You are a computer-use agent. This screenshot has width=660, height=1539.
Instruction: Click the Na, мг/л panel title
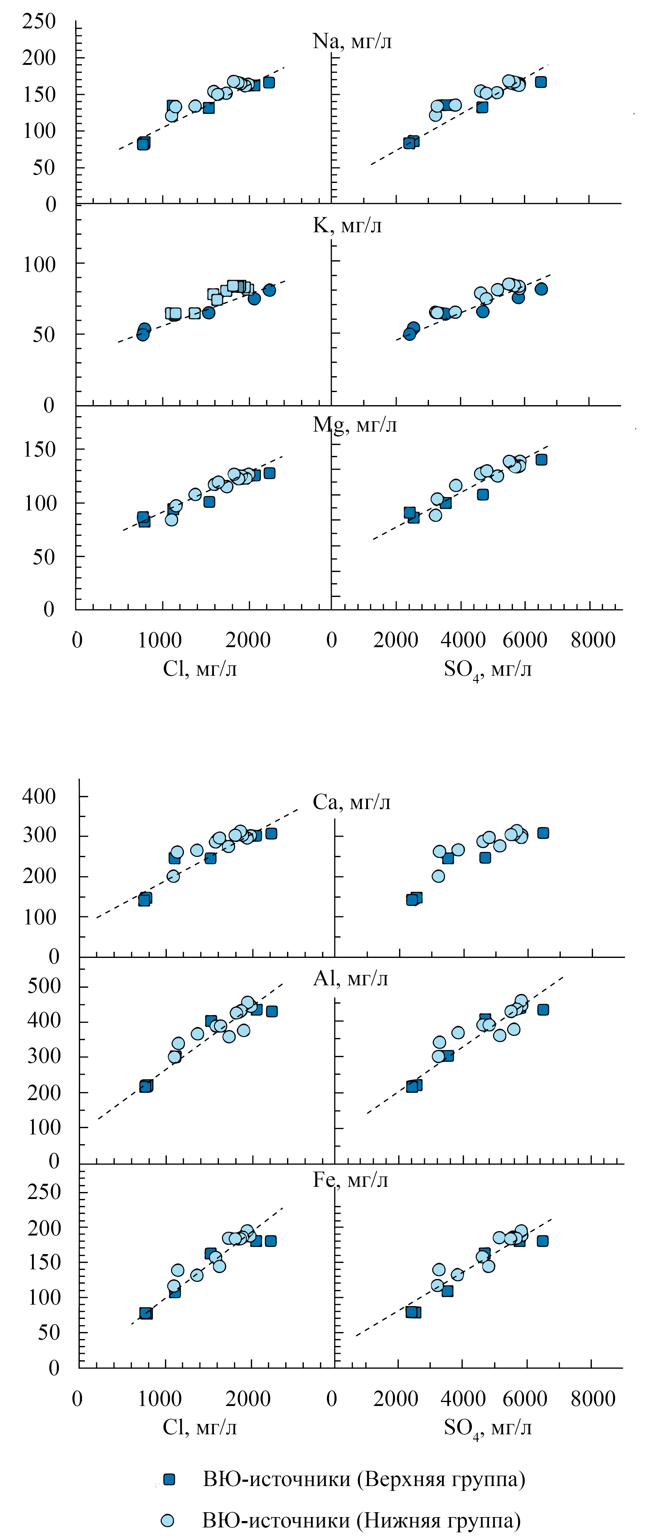352,41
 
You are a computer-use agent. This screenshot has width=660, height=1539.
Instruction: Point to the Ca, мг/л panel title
351,802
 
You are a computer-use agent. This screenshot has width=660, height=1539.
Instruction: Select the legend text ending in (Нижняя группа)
361,1520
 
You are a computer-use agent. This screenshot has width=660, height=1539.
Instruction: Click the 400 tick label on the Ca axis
39,796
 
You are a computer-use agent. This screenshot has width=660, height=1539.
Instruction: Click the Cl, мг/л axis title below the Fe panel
199,1427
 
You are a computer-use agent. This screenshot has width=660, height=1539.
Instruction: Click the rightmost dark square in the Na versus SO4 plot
541,82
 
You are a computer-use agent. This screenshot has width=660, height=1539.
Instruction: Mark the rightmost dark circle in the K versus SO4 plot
541,289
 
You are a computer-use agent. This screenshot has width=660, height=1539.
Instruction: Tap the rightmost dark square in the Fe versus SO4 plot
542,1241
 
